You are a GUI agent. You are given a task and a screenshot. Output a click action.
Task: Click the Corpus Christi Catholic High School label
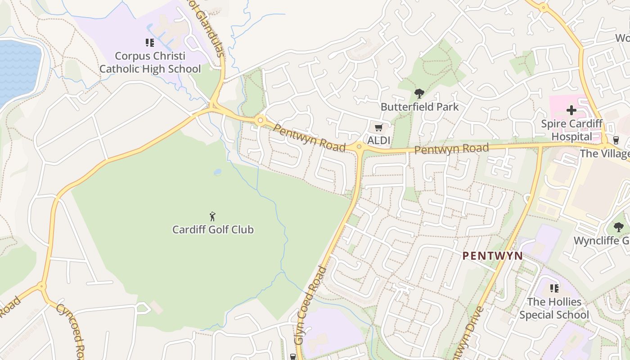[150, 63]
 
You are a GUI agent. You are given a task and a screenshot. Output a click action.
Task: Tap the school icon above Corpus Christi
[150, 43]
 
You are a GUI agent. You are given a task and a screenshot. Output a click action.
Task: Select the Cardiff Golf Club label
[213, 229]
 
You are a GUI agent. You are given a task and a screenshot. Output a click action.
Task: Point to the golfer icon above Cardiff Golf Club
[213, 216]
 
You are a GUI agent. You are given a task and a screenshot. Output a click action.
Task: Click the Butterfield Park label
[419, 107]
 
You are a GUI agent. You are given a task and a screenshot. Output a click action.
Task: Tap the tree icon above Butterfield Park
[419, 94]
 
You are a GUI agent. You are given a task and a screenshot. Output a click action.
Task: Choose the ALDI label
[378, 140]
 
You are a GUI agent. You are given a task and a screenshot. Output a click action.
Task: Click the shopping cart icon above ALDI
[378, 128]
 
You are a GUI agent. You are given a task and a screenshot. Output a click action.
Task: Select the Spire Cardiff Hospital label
[571, 130]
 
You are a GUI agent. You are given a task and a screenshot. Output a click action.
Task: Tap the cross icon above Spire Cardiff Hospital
[571, 110]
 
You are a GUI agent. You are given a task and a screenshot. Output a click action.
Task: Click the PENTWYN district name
[493, 256]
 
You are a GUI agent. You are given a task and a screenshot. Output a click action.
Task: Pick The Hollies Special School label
[554, 308]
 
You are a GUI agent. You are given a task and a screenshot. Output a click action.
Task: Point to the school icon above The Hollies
[554, 288]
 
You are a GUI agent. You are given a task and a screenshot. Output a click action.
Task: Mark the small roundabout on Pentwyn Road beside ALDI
[359, 146]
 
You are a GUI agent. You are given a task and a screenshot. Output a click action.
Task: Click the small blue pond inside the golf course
[218, 172]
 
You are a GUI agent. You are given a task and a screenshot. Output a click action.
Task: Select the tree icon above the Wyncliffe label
[619, 228]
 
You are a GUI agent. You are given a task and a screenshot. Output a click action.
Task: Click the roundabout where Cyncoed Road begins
[42, 286]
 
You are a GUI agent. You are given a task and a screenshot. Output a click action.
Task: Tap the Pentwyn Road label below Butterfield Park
[451, 149]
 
